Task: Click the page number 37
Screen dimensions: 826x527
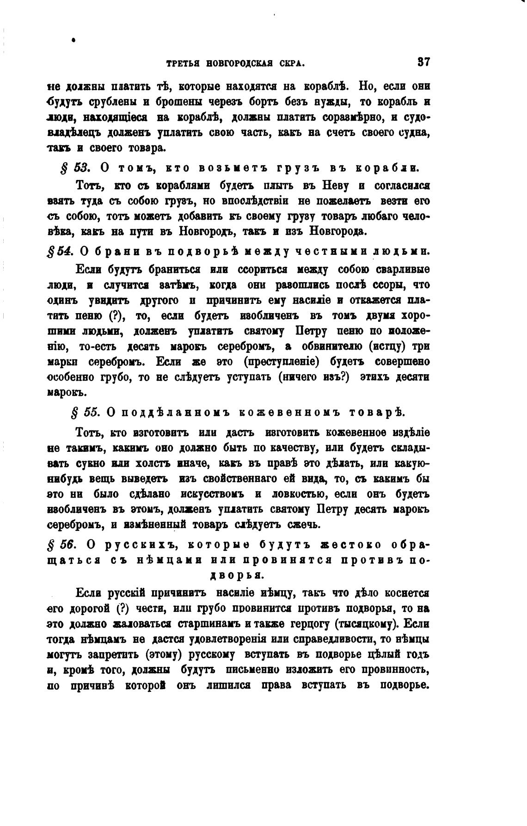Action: [423, 62]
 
